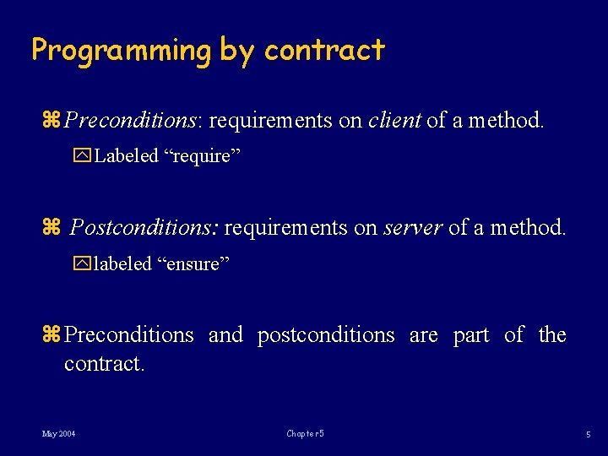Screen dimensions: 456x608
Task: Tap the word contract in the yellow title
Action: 324,51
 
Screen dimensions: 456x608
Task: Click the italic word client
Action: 394,121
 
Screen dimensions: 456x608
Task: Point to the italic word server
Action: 413,227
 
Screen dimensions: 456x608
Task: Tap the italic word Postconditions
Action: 144,227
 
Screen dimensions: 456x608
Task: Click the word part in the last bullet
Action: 471,335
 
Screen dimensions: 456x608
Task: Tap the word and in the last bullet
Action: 225,335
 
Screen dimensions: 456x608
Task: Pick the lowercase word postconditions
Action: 326,335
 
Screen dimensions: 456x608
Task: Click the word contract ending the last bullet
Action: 105,364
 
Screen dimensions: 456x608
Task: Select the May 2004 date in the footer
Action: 58,434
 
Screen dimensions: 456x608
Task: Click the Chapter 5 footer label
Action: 305,434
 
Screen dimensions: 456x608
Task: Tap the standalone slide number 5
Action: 589,434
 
